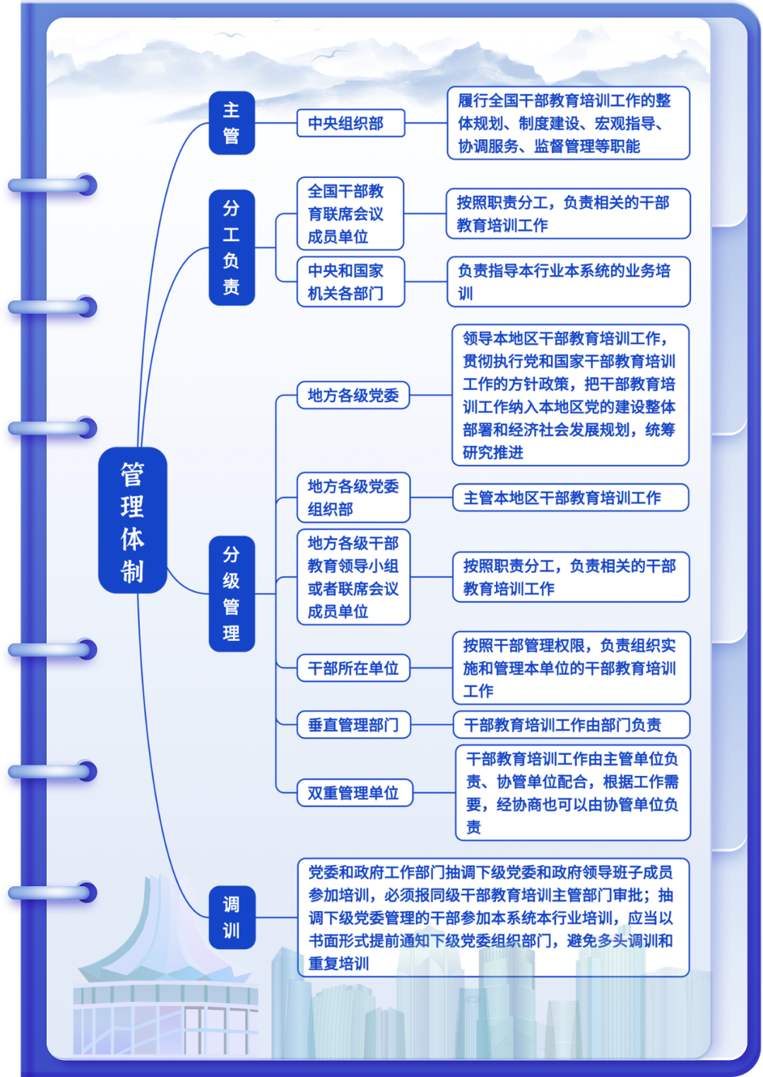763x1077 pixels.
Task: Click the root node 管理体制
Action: pos(132,520)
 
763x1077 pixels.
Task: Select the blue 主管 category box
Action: pos(231,123)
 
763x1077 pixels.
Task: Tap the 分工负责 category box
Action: pos(231,247)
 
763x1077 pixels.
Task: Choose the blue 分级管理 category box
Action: pos(231,594)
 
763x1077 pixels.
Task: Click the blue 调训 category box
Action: pos(231,917)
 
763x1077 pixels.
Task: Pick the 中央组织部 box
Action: pos(350,123)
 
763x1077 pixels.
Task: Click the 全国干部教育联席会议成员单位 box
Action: pos(350,213)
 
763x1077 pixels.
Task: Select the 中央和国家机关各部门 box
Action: pos(350,282)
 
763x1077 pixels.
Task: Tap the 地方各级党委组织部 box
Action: pos(353,498)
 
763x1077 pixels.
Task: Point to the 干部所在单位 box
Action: pos(353,668)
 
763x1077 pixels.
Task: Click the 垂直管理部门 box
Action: pos(353,724)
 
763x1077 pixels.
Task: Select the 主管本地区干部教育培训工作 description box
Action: pos(570,498)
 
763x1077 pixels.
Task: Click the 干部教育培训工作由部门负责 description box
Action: pos(571,724)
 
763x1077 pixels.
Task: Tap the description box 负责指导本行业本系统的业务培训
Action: pos(568,282)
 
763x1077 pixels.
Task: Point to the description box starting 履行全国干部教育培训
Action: pos(568,123)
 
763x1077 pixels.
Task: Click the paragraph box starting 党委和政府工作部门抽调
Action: pos(492,917)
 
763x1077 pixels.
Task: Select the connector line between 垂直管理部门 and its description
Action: pos(432,724)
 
